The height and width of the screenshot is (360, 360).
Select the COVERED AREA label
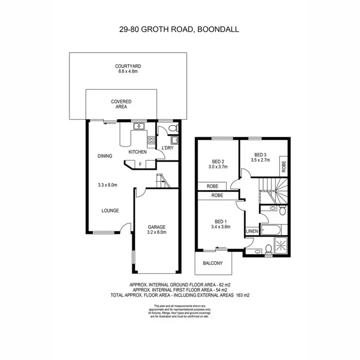tap(121, 104)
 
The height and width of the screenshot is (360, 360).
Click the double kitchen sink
tap(140, 127)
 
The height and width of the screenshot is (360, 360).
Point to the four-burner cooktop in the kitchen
tap(151, 141)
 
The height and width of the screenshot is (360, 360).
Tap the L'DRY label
tap(167, 148)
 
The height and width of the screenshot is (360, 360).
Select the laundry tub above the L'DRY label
tap(174, 140)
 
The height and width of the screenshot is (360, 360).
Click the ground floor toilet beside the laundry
tap(173, 128)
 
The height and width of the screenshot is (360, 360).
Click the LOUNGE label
tap(110, 211)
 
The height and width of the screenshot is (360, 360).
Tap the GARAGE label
tap(156, 227)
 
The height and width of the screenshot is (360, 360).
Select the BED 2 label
tap(218, 161)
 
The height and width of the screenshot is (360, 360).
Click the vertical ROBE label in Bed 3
tap(284, 166)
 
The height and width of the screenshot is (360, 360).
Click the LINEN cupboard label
tap(252, 231)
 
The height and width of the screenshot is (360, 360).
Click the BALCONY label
tap(213, 263)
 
